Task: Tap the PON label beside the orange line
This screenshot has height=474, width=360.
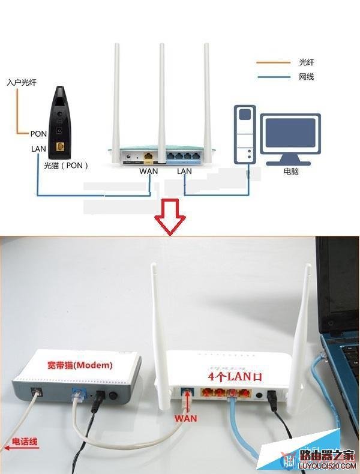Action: pos(38,133)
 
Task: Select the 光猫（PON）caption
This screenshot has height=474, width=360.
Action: pos(65,164)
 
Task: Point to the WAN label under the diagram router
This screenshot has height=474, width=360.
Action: pos(149,171)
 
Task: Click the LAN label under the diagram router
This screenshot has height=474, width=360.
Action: pos(184,171)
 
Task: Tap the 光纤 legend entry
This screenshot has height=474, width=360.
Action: pos(306,62)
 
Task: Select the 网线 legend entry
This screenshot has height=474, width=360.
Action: pos(306,77)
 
